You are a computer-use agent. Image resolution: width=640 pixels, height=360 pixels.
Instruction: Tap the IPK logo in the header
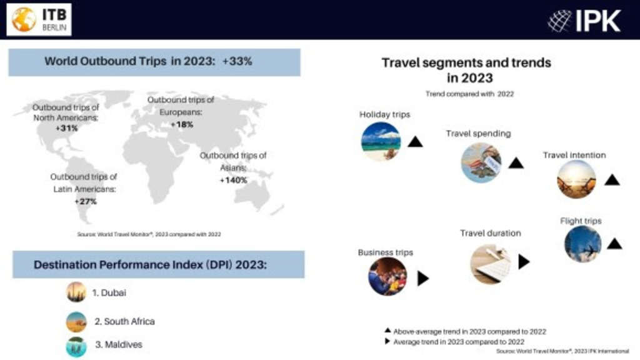584,21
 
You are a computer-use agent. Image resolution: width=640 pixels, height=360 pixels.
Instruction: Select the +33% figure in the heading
237,61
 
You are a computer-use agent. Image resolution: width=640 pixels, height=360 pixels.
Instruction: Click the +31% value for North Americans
66,128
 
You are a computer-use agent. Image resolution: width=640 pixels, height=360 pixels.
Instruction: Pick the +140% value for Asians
233,180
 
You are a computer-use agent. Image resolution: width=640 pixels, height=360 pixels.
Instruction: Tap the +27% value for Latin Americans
85,201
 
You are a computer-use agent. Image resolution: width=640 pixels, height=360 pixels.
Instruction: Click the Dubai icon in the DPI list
76,292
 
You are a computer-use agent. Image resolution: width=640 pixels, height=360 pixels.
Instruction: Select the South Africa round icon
76,322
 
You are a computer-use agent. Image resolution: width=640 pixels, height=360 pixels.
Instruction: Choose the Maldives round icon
76,346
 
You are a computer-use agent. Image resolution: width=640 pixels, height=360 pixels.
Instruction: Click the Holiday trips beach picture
381,141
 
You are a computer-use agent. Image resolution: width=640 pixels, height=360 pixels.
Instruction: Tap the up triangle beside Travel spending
516,163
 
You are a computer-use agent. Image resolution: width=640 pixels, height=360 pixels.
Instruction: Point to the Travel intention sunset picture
576,179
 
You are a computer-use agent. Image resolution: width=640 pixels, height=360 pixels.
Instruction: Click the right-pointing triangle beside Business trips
422,279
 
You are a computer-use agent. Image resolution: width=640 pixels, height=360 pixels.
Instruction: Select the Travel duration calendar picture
490,264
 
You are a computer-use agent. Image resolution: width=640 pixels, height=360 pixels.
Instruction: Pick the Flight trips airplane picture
583,244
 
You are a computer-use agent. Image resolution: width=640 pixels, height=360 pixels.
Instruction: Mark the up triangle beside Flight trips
614,244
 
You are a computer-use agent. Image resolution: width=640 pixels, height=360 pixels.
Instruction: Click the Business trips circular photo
387,276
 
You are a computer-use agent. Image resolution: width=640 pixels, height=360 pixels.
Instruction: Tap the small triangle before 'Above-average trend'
387,331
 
